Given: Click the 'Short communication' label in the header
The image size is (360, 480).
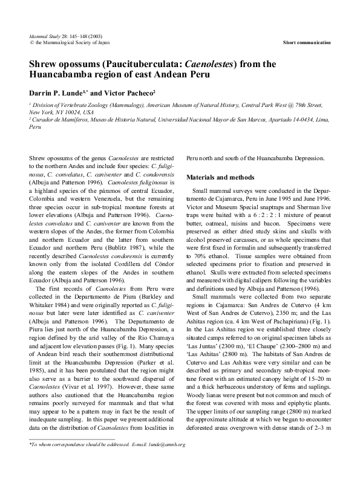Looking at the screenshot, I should point(307,42).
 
